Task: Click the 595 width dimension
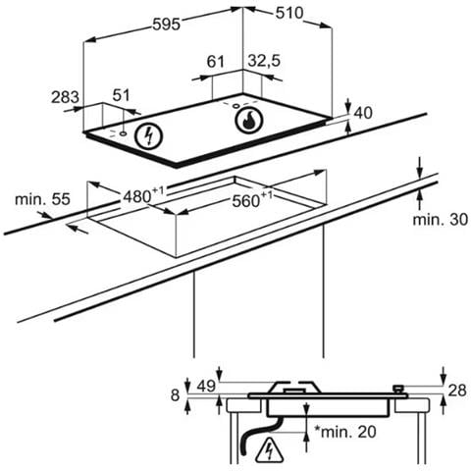(167, 25)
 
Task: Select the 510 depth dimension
(289, 13)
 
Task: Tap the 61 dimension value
(216, 62)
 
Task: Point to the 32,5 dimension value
(264, 61)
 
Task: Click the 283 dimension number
(65, 97)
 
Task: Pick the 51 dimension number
(122, 95)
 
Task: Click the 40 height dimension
(363, 113)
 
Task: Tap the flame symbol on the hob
(249, 120)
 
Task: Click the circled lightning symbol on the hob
(149, 136)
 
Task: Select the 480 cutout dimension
(143, 195)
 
